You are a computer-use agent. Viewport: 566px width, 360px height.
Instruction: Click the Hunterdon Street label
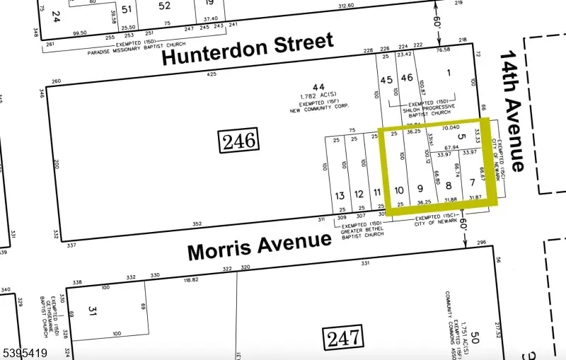(248, 49)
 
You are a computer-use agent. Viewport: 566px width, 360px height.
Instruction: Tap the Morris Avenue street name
(259, 245)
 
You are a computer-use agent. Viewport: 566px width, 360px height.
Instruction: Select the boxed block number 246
(238, 139)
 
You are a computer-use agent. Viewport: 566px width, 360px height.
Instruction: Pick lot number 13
(340, 195)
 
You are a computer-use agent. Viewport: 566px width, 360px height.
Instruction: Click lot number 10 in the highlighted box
(399, 190)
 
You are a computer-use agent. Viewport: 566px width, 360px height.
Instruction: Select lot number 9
(420, 188)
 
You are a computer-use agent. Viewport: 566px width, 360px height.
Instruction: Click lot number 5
(461, 137)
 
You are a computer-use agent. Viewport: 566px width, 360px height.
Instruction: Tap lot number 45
(386, 80)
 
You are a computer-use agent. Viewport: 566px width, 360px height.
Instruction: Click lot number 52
(164, 6)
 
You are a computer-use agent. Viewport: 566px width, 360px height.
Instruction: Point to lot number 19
(209, 3)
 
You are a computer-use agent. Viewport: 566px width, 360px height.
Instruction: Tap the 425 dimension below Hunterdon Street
(211, 74)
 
